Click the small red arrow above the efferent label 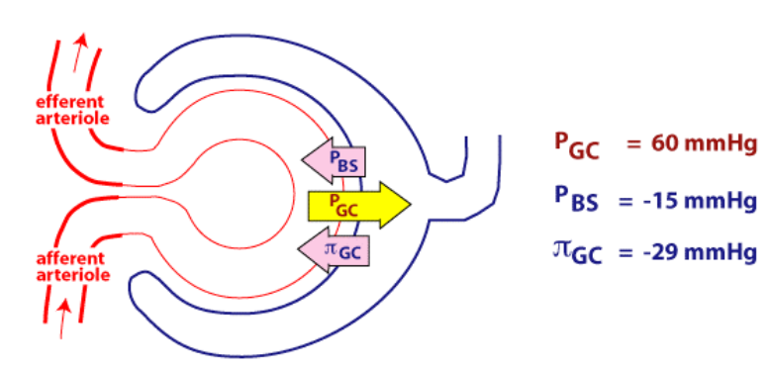click(x=80, y=47)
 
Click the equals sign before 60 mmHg click(x=633, y=144)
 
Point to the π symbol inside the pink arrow click(x=331, y=246)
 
